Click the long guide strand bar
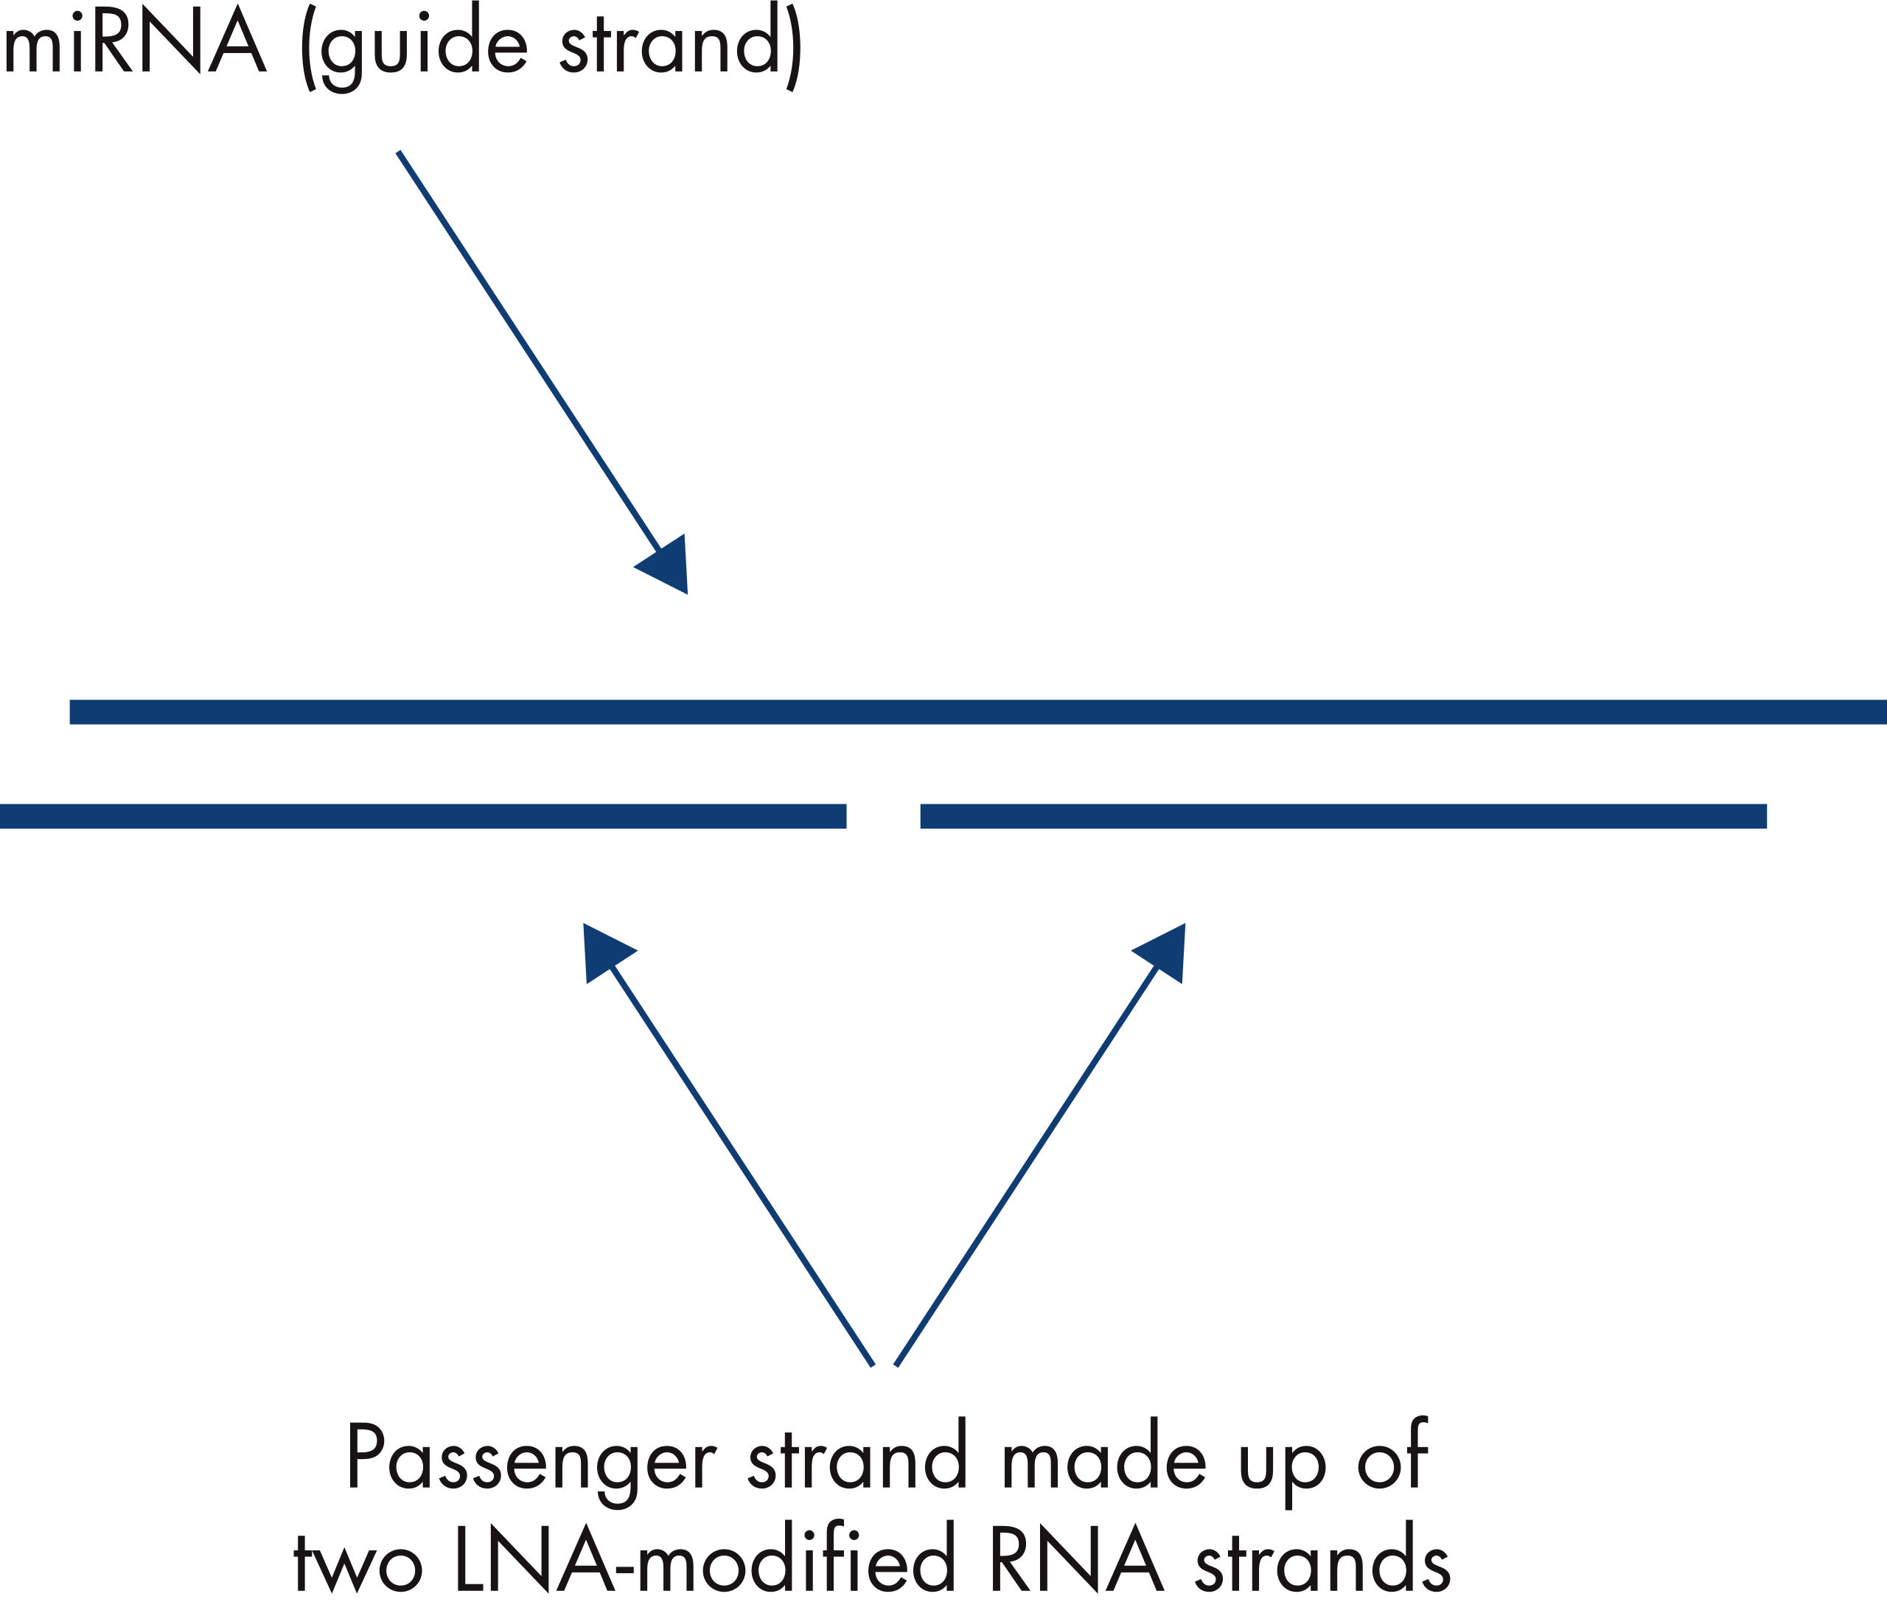[974, 712]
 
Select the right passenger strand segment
[1343, 816]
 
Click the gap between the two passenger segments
[883, 816]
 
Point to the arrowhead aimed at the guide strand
[669, 565]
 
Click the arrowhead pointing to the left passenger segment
[602, 952]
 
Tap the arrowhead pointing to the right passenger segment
[1165, 952]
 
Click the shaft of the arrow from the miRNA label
[529, 351]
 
